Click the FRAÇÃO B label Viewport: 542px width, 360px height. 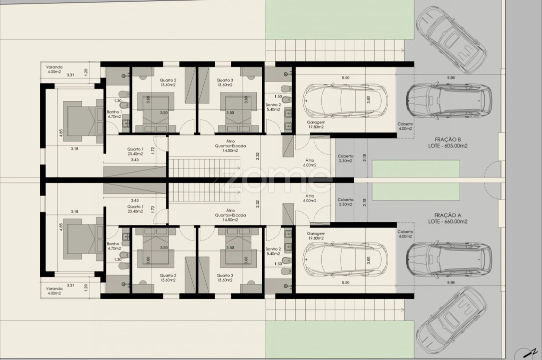click(448, 139)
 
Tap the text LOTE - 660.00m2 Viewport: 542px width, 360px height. click(448, 221)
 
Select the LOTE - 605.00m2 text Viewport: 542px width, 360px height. click(448, 146)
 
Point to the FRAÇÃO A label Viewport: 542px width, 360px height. click(448, 215)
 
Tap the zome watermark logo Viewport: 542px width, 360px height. click(270, 180)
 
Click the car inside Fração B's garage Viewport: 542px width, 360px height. click(345, 100)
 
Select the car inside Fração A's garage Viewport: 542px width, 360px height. click(345, 260)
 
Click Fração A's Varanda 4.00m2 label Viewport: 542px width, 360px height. click(54, 291)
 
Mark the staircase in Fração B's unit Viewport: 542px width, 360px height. click(204, 167)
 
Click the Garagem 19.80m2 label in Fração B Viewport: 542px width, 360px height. click(316, 124)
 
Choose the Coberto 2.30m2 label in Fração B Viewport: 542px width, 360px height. click(346, 158)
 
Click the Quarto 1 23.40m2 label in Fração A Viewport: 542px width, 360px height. click(135, 209)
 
